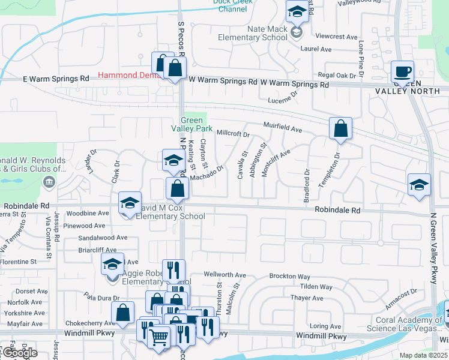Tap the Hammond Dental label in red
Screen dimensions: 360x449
point(124,76)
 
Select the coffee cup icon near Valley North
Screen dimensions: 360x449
point(402,72)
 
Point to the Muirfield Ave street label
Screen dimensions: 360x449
point(282,127)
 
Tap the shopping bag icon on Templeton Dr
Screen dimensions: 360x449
point(340,128)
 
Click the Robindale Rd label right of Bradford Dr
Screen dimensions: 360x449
point(338,211)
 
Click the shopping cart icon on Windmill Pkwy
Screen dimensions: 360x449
point(158,338)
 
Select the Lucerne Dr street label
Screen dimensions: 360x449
point(283,101)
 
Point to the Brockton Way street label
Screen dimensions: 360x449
point(289,277)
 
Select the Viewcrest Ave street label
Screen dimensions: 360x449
point(336,37)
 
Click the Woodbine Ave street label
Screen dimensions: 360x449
point(88,214)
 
